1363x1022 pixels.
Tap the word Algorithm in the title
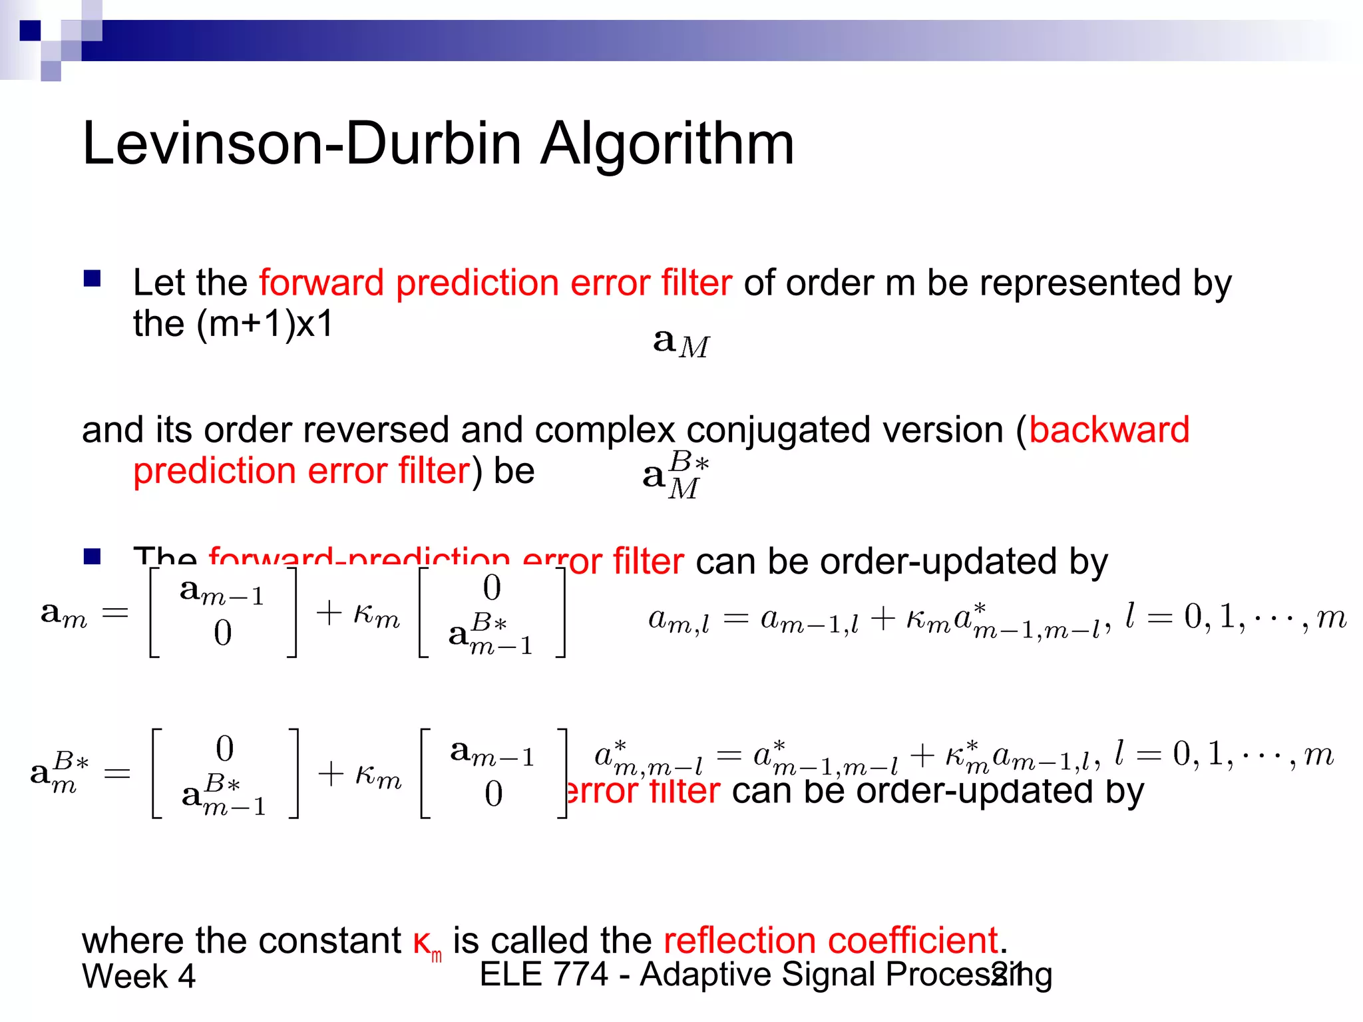(x=667, y=145)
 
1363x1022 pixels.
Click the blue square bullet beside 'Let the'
(x=92, y=278)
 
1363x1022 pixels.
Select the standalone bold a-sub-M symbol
(x=681, y=343)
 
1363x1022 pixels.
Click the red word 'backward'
(x=1109, y=430)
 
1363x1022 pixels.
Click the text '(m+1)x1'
(x=264, y=324)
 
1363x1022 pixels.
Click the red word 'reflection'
(x=739, y=940)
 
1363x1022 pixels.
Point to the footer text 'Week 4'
(x=138, y=977)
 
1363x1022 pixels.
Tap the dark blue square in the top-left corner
(x=30, y=31)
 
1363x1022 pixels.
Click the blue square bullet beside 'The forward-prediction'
(x=92, y=556)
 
